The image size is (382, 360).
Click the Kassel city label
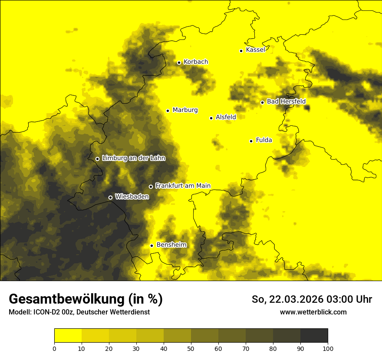point(255,50)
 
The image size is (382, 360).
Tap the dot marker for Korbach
point(179,62)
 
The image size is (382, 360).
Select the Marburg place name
point(185,110)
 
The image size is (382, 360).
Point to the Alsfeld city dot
point(211,118)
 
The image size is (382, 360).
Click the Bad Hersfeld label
point(286,101)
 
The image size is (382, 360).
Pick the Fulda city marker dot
point(251,141)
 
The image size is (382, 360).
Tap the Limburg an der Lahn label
point(133,158)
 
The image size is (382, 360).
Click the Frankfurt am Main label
point(183,186)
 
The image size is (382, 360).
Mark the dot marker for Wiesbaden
point(110,197)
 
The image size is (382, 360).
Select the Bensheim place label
point(171,245)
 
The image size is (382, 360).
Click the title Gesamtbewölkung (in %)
point(86,299)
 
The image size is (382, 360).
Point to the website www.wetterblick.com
point(313,312)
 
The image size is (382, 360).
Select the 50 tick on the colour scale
point(191,348)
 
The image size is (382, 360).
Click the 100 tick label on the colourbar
point(328,348)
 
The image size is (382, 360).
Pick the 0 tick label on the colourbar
point(54,348)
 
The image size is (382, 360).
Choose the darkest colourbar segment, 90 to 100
point(314,336)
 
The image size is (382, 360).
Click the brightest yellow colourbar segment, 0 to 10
point(68,336)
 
